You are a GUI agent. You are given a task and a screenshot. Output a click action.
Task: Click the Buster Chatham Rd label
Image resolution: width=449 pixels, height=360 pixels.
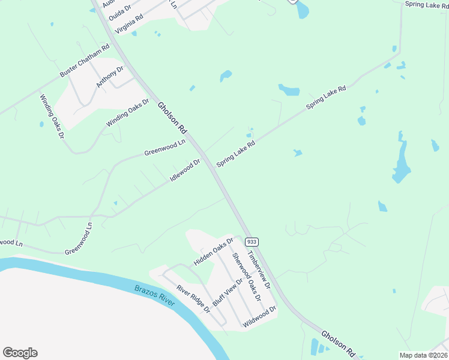(x=85, y=60)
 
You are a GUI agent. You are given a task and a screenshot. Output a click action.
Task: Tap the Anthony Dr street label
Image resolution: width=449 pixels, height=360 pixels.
(x=110, y=77)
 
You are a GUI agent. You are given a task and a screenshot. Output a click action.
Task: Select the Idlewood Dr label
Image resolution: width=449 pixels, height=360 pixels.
(x=185, y=170)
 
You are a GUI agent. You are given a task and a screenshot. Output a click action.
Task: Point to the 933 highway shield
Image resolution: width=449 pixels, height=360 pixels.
(x=252, y=242)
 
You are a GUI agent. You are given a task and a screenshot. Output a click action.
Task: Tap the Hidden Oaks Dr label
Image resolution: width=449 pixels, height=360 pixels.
(x=213, y=252)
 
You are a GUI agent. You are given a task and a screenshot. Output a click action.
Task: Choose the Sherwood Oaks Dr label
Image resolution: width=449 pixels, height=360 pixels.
(x=247, y=277)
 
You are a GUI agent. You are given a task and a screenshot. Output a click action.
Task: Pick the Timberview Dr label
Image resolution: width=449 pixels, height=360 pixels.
(x=260, y=269)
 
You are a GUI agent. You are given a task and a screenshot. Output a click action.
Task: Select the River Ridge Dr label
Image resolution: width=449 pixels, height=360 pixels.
(x=193, y=299)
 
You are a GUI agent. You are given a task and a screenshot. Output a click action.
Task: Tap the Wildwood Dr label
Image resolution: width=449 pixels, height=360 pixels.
(x=259, y=317)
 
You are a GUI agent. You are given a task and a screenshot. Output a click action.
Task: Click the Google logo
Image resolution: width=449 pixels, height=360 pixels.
(x=20, y=353)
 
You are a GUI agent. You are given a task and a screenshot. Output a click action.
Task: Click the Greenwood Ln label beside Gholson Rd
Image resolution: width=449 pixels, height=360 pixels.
(x=165, y=148)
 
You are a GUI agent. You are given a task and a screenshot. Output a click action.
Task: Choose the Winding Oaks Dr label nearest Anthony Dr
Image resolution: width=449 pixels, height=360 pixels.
(x=128, y=113)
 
